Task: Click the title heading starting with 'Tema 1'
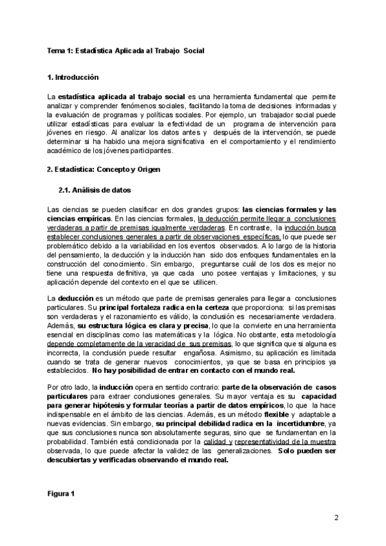click(x=126, y=50)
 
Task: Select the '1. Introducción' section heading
click(x=73, y=77)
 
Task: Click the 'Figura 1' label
click(x=62, y=494)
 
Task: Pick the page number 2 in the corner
click(x=336, y=518)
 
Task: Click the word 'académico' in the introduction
click(x=67, y=150)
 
